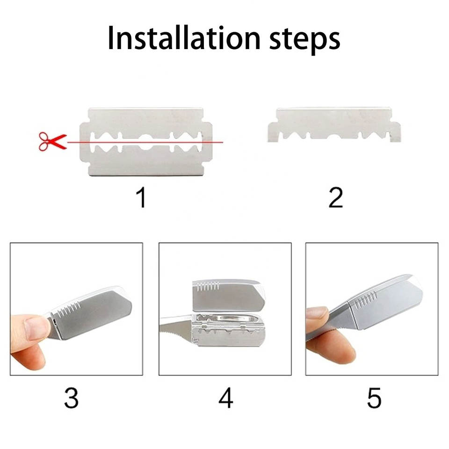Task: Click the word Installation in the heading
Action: [184, 38]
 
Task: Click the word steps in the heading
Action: [304, 40]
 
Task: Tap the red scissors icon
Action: [53, 141]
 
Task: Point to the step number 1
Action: [141, 197]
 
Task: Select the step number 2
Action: [336, 197]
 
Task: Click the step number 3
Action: [71, 398]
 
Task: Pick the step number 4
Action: [225, 398]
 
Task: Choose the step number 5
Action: [374, 398]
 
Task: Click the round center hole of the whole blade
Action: [146, 142]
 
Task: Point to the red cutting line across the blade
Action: [145, 142]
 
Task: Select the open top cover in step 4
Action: [228, 296]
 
